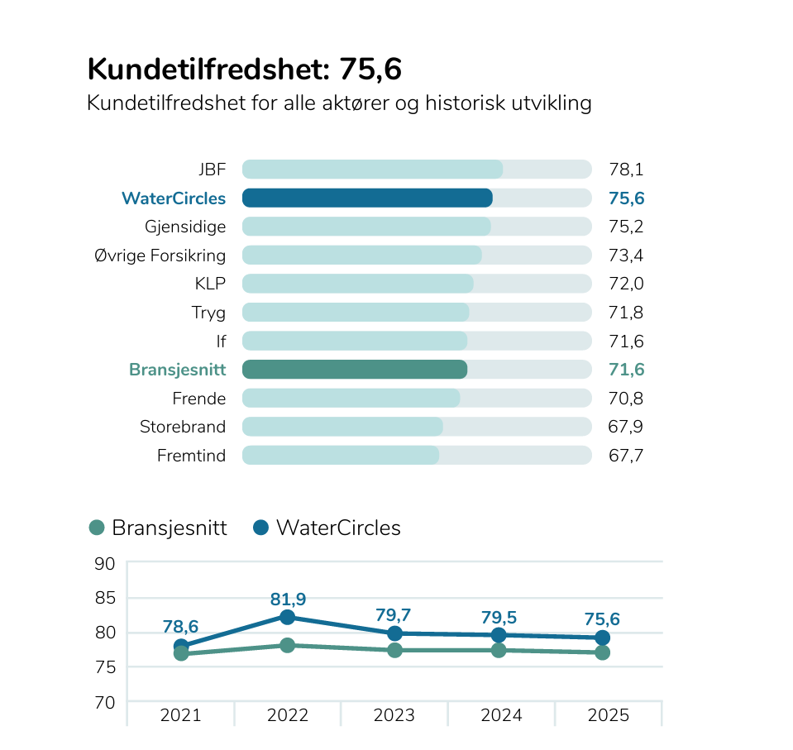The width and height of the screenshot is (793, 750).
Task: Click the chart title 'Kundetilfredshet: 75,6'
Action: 244,70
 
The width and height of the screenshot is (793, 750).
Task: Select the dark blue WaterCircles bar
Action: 367,198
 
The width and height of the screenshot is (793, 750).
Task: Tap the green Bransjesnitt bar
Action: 354,370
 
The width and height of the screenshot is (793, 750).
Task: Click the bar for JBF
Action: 372,170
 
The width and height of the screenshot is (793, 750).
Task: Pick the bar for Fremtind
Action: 340,455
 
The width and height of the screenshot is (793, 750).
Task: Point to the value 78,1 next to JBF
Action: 626,170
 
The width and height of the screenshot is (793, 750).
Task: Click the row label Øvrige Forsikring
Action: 160,255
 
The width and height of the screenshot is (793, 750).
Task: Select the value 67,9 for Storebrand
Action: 626,427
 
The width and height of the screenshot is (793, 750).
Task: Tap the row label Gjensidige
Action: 185,227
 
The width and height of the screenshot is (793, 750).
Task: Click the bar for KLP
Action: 357,284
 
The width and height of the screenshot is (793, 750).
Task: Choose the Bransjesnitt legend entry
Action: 157,528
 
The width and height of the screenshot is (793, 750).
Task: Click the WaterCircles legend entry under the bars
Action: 327,528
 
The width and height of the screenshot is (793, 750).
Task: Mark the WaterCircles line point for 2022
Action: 287,617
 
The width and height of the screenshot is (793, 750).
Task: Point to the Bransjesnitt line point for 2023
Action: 394,650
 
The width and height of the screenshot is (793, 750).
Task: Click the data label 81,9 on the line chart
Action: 287,599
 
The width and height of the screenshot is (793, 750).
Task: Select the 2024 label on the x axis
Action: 501,715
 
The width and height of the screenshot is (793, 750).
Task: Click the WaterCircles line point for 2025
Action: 603,638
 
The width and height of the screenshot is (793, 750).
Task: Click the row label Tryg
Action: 208,313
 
